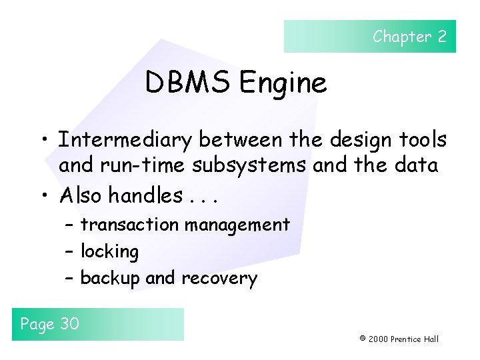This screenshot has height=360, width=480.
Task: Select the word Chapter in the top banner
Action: click(x=402, y=37)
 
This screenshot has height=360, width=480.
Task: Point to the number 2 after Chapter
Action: click(x=442, y=37)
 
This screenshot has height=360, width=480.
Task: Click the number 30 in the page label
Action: click(x=69, y=324)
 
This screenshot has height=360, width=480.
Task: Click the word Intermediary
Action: click(x=126, y=140)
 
